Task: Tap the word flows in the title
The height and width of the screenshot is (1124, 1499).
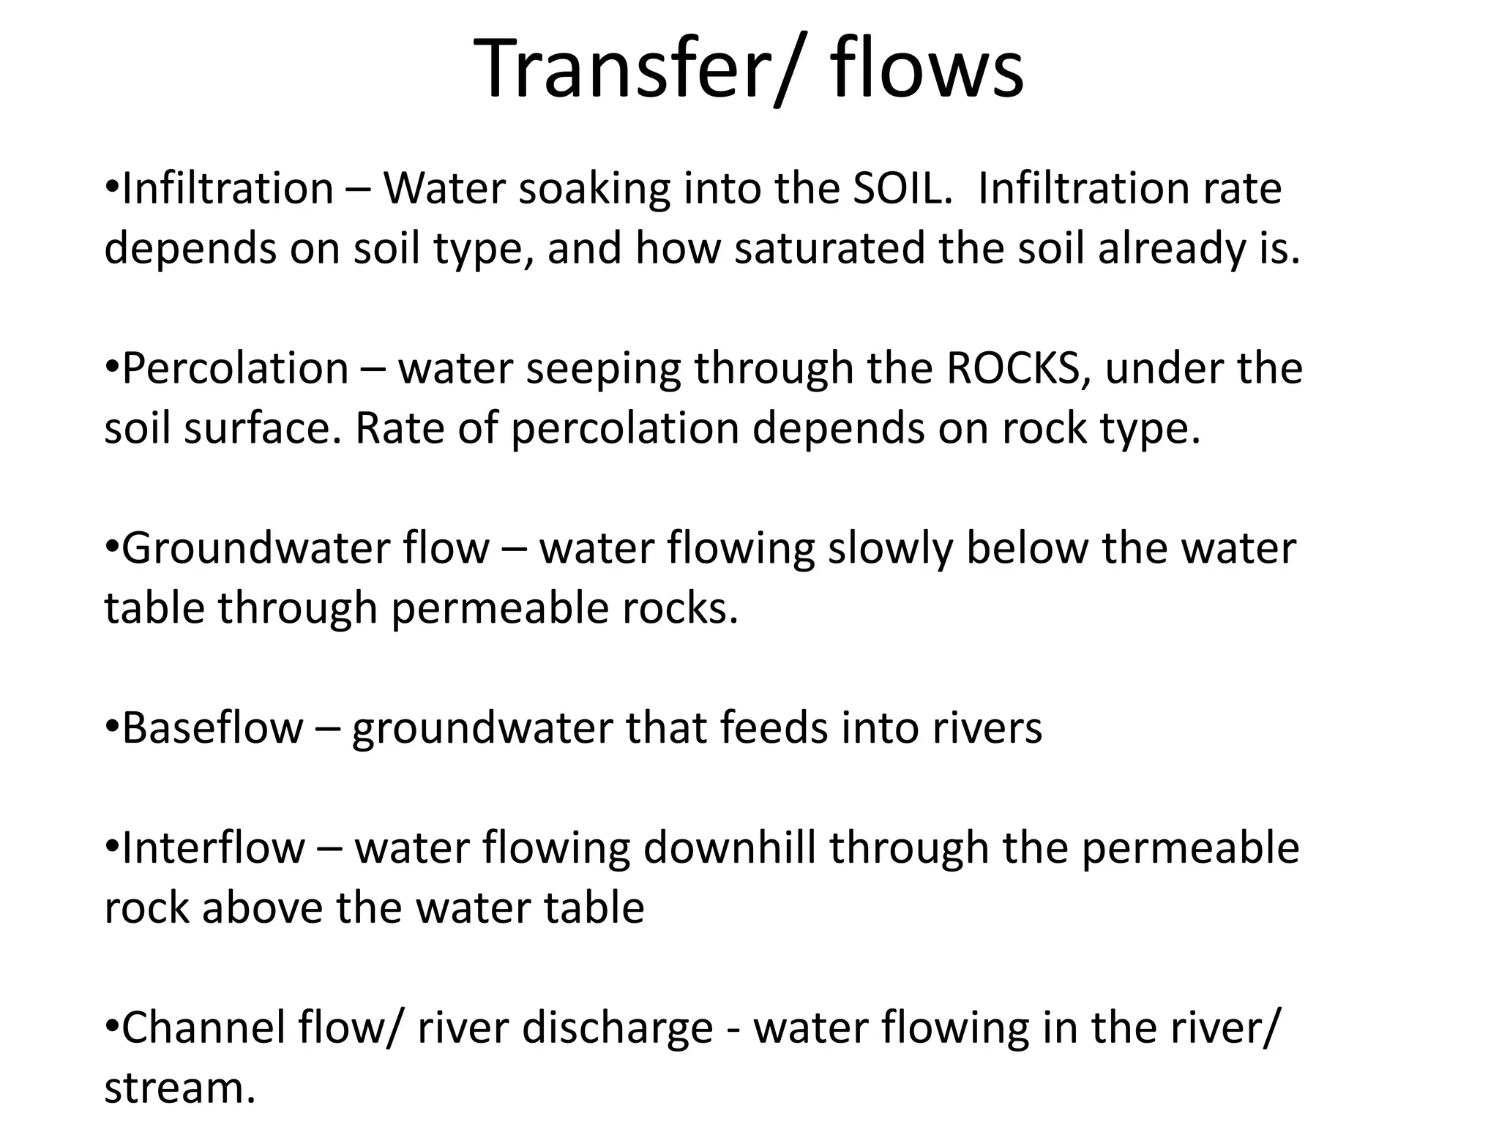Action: tap(927, 70)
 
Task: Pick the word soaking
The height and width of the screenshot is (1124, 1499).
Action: tap(594, 190)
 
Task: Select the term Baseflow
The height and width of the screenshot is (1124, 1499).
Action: tap(212, 728)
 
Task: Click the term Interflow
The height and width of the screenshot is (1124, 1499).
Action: tap(213, 848)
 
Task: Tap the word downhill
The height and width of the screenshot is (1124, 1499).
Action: tap(730, 848)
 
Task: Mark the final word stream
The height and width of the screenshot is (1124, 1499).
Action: tap(179, 1088)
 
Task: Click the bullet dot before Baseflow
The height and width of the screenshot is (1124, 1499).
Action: tap(111, 727)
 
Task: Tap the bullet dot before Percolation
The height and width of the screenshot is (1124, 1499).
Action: tap(111, 367)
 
